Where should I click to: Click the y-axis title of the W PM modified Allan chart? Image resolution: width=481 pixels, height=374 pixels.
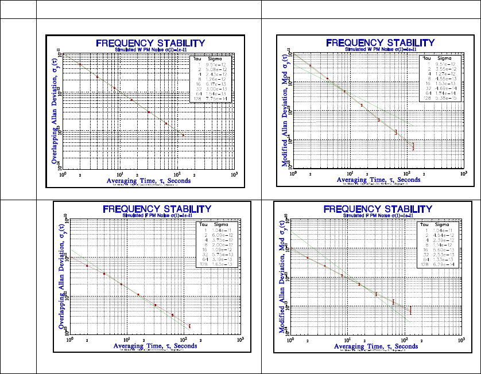click(x=285, y=110)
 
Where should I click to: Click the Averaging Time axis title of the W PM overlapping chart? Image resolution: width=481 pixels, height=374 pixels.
click(x=149, y=180)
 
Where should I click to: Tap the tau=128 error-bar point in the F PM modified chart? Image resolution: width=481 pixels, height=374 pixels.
click(x=410, y=310)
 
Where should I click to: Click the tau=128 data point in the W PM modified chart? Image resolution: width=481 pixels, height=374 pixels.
click(x=413, y=147)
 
